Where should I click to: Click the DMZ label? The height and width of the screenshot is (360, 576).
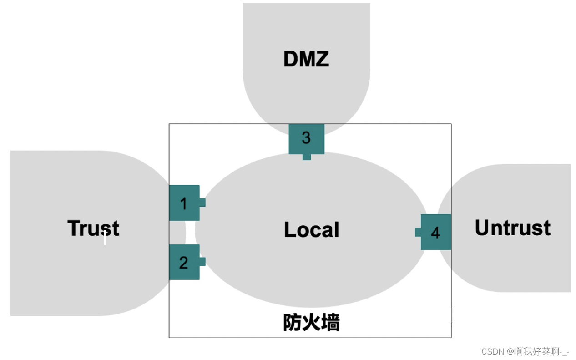[x=306, y=59]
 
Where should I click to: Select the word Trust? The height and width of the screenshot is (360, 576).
[x=93, y=228]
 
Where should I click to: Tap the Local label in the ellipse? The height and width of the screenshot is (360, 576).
[x=312, y=230]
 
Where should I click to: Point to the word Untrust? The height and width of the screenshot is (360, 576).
[x=513, y=228]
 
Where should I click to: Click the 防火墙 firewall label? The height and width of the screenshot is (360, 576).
[x=311, y=323]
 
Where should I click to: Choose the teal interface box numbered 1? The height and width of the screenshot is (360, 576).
[x=184, y=203]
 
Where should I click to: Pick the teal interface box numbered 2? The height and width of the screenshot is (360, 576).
[x=184, y=262]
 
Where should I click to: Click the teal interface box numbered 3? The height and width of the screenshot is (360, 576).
[x=306, y=138]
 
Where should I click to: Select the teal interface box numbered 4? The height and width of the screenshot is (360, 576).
[x=436, y=232]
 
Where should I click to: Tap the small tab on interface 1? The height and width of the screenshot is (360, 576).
[x=202, y=203]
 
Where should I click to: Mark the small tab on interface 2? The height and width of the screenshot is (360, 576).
[x=202, y=262]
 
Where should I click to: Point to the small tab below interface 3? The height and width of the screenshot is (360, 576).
[x=307, y=157]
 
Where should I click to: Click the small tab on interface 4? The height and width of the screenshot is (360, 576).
[x=418, y=232]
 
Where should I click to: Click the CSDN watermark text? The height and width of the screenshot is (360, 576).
[x=493, y=351]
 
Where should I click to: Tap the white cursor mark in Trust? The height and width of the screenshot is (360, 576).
[x=105, y=237]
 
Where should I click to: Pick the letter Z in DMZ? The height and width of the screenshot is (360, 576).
[x=321, y=59]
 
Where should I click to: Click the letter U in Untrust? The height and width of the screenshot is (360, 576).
[x=483, y=228]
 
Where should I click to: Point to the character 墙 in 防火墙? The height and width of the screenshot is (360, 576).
[x=330, y=323]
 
